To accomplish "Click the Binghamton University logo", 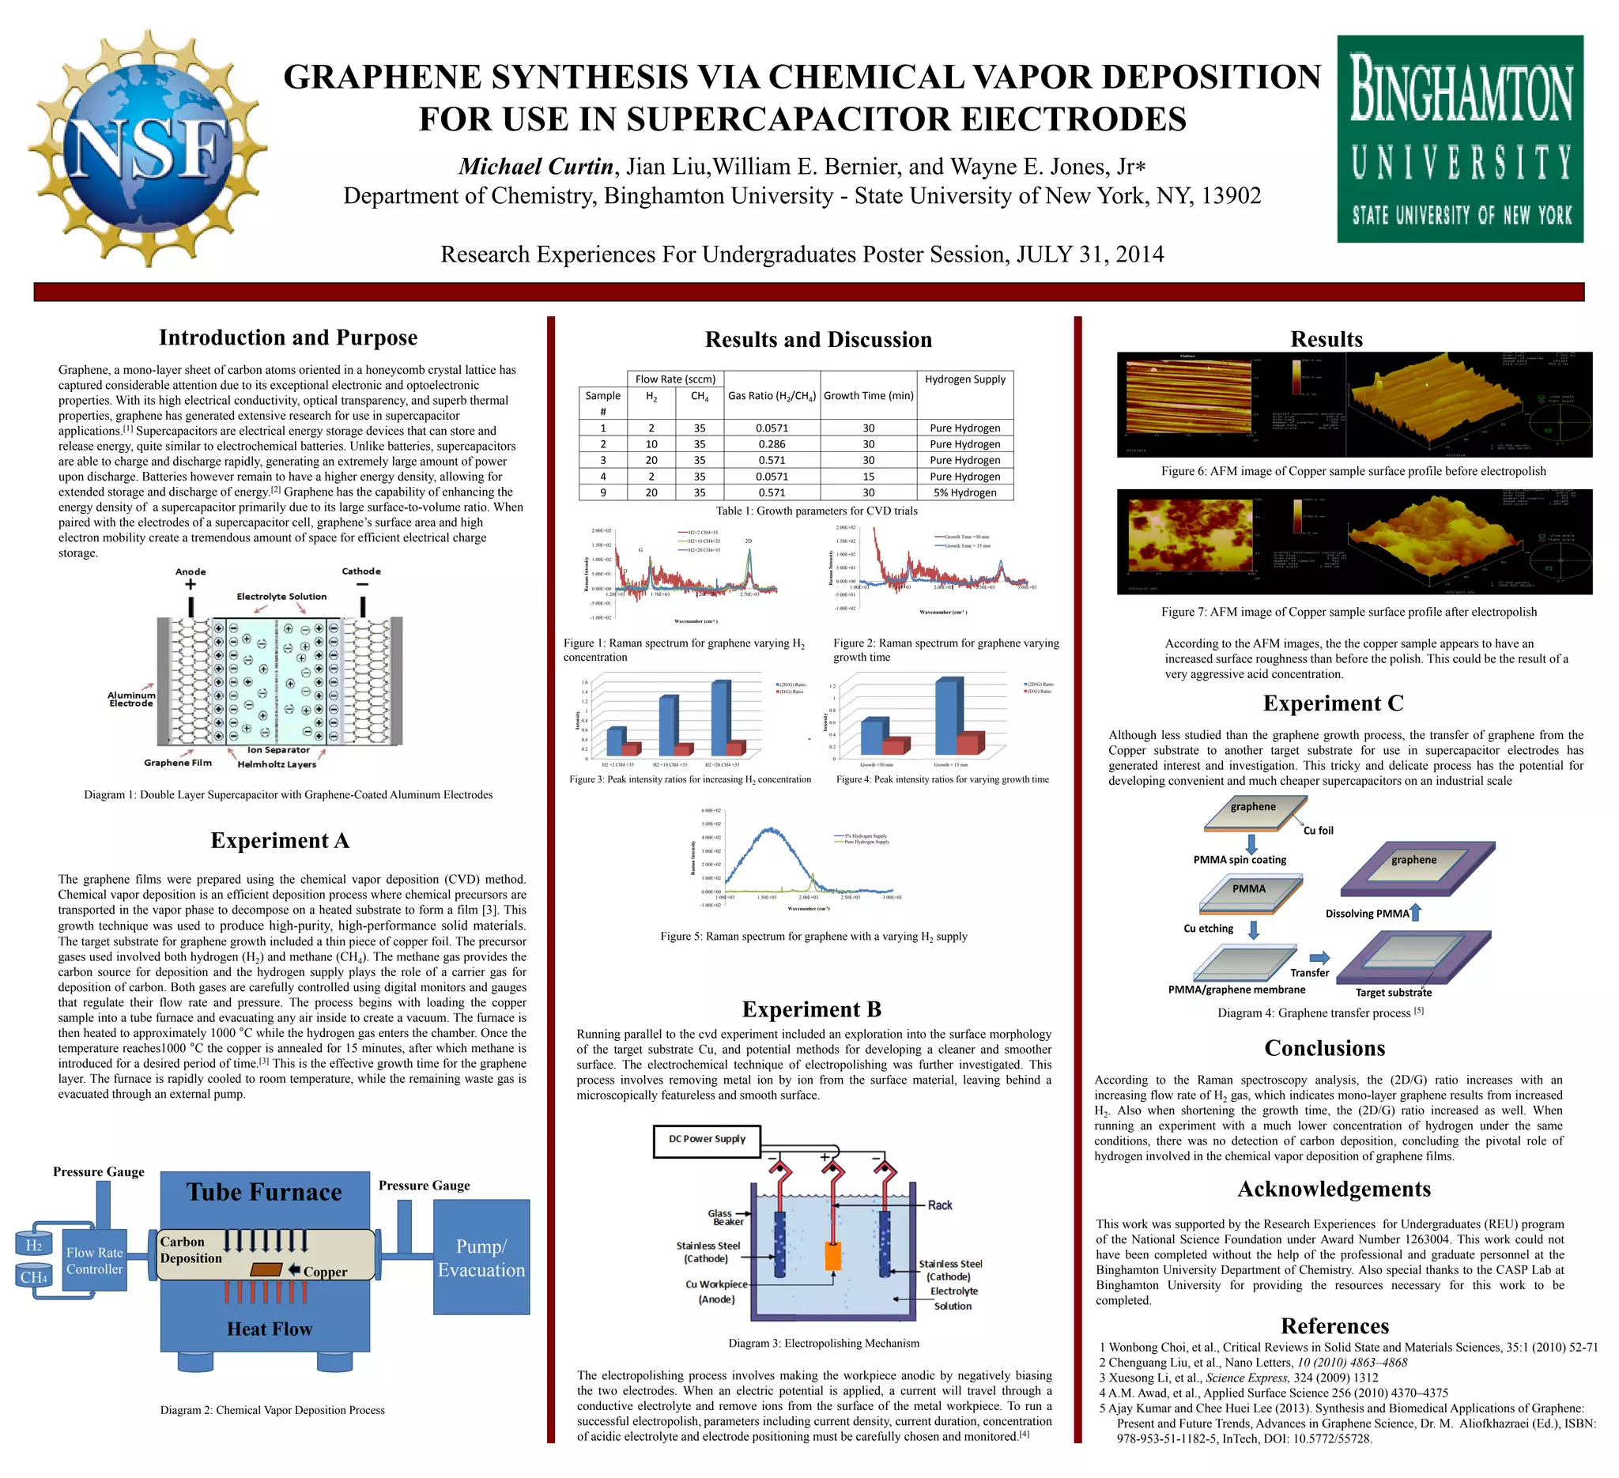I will (1460, 138).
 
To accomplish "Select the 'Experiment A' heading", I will (280, 840).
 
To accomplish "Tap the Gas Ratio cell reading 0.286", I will (772, 444).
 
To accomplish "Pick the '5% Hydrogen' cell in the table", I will (964, 492).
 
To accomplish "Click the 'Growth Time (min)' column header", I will (868, 395).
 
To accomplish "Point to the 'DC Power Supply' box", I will (707, 1139).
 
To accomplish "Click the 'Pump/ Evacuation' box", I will (482, 1258).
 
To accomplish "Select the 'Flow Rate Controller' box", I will (95, 1261).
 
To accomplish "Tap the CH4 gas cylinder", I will (34, 1276).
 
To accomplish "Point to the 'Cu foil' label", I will (1318, 830).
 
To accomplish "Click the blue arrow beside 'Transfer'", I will (1319, 957).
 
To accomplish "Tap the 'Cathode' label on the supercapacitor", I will (361, 571).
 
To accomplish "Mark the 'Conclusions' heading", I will (1324, 1049).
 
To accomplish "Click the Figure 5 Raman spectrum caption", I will (813, 936).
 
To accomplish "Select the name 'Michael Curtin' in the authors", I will (536, 166).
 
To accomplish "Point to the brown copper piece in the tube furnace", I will (266, 1269).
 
